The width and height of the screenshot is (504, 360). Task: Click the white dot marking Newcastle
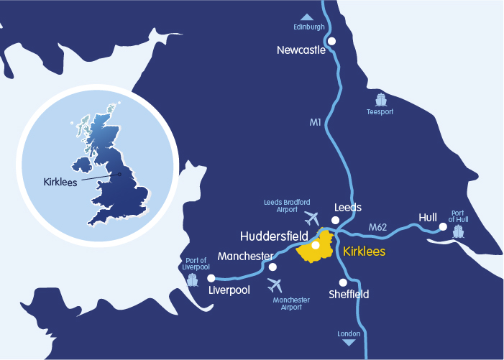coord(331,42)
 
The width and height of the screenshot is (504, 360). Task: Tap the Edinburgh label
coord(309,27)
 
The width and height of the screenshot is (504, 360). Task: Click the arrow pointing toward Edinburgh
coord(307,17)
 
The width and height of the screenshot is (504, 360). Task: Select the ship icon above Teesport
coord(380,100)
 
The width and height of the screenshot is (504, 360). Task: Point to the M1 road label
coord(315,123)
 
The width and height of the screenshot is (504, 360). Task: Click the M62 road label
coord(378,228)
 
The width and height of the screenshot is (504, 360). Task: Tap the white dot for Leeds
coord(335,220)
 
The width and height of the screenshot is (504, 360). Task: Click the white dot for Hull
coord(443,228)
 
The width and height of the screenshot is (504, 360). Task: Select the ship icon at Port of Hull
coord(458,231)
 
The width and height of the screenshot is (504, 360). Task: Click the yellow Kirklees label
coord(365,251)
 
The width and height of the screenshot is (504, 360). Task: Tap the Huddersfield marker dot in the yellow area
coord(316,245)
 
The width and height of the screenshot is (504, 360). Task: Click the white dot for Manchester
coord(272,267)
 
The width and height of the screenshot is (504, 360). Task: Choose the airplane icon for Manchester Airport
coord(275,285)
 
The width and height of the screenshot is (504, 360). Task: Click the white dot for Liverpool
coord(211,277)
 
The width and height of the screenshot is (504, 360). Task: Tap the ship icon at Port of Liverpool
coord(192,279)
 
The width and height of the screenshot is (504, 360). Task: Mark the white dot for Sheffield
coord(342,282)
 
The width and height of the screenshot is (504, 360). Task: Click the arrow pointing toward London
coord(349,343)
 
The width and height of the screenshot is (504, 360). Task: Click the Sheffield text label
coord(349,295)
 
